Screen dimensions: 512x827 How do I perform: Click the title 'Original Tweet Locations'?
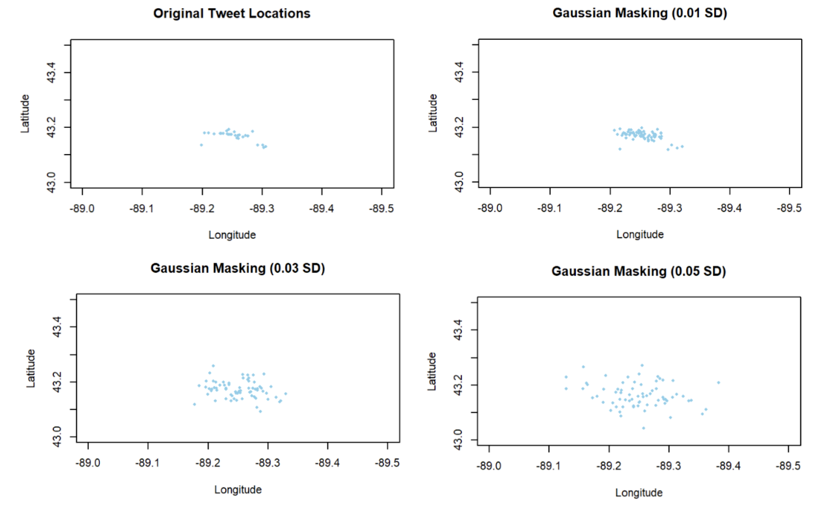tap(232, 13)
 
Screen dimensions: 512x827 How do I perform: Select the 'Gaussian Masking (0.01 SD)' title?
tap(639, 13)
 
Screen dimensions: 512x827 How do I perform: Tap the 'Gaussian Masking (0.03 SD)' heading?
tap(237, 268)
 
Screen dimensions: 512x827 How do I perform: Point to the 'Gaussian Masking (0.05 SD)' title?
tap(638, 271)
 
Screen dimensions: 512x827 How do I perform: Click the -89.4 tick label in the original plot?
tap(321, 208)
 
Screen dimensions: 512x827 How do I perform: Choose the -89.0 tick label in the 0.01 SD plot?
tap(489, 208)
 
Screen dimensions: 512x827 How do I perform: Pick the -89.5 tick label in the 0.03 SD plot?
tap(387, 463)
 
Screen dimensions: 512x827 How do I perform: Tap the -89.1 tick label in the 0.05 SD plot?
tap(548, 466)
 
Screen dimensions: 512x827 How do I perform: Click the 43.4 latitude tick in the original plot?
tap(51, 72)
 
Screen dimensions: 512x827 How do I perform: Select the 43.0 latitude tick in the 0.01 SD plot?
tap(458, 182)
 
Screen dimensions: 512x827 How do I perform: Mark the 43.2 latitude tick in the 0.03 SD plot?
tap(57, 382)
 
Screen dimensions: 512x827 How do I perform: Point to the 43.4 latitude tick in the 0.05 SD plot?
tap(457, 330)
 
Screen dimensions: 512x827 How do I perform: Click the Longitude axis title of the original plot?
tap(232, 235)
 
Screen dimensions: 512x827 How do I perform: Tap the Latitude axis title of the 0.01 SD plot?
tap(433, 113)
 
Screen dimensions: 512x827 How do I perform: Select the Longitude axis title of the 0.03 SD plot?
tap(238, 490)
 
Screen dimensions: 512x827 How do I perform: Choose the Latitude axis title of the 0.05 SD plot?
tap(432, 371)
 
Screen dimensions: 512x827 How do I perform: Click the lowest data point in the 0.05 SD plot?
tap(644, 428)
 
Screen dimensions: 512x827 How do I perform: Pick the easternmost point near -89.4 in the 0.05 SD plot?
tap(718, 383)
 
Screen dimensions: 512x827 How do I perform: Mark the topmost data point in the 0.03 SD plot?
tap(213, 366)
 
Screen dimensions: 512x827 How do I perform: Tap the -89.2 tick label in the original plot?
tap(202, 208)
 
